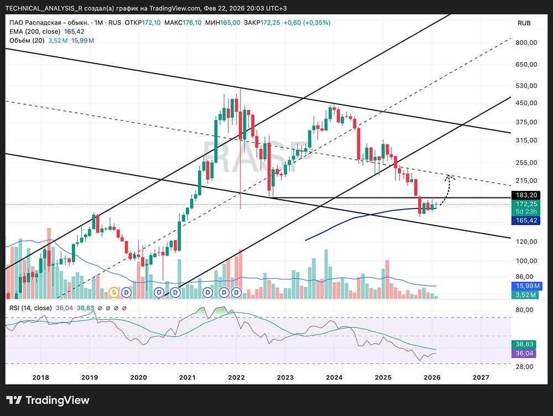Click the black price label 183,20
525,195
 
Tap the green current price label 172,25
525,204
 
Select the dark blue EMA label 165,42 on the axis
525,221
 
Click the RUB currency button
524,23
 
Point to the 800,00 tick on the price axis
526,43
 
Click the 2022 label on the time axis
236,377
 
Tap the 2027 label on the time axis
481,377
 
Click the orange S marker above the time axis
114,292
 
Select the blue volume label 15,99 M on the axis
525,286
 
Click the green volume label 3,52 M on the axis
525,295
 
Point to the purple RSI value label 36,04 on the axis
524,353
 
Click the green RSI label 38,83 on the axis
524,345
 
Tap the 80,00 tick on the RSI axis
524,310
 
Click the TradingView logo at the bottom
48,400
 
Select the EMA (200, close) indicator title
35,32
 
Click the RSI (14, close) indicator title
30,308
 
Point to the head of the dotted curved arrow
448,176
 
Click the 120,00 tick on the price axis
526,242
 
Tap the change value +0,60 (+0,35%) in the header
307,23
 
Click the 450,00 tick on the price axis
526,103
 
